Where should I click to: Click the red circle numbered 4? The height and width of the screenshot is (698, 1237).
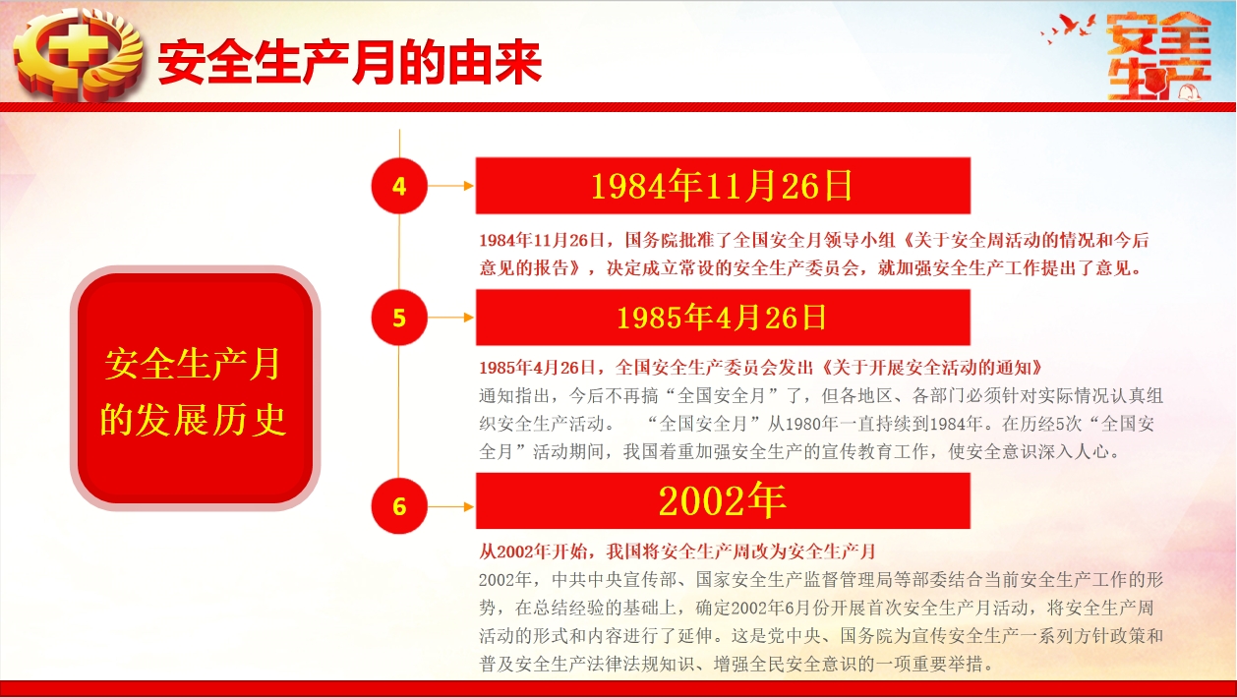(399, 186)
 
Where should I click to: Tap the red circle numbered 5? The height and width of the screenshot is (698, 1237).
(399, 318)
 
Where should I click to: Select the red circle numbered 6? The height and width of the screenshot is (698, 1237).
(399, 506)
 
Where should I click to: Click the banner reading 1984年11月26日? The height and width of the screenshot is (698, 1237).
(723, 186)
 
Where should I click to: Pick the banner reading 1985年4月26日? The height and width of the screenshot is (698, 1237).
(723, 318)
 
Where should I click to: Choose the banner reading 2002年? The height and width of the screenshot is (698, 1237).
(723, 500)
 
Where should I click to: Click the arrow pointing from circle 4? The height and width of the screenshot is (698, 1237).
(450, 186)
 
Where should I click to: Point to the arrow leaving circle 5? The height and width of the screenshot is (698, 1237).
(450, 318)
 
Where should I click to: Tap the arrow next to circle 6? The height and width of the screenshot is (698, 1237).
(450, 506)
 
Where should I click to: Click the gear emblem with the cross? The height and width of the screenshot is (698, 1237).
(78, 55)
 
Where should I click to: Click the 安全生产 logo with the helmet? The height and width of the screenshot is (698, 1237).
(1158, 57)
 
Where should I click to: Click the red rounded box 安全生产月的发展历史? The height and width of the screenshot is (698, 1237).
(195, 388)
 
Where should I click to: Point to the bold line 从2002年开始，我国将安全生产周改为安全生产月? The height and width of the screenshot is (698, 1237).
(677, 552)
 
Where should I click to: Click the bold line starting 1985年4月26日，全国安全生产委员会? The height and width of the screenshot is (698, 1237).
(761, 368)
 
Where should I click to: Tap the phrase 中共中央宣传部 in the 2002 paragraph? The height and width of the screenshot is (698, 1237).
(615, 579)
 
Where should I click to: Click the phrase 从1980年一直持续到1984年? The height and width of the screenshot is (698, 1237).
(874, 424)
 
